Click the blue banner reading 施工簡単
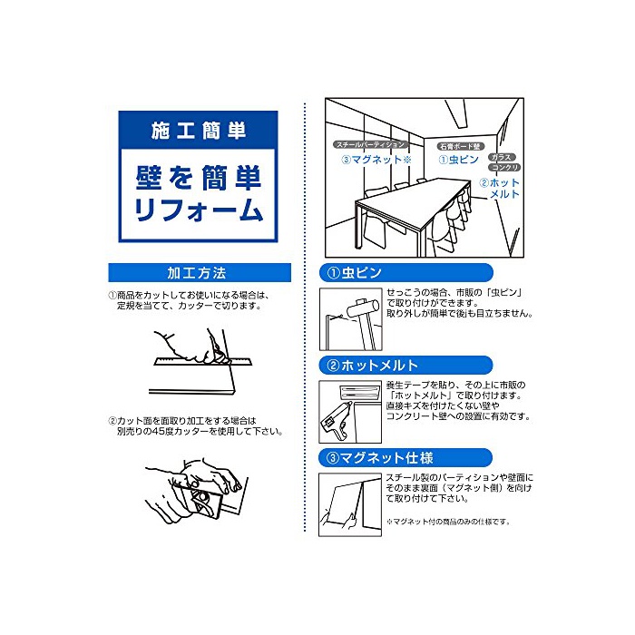[x=198, y=130]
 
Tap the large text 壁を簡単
[x=198, y=178]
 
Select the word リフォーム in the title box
[x=198, y=210]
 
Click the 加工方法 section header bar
[x=200, y=272]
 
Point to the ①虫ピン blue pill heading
[x=405, y=272]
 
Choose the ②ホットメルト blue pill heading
[x=405, y=366]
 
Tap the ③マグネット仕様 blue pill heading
[x=405, y=457]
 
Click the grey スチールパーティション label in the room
[x=370, y=144]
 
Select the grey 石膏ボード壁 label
[x=460, y=146]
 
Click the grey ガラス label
[x=502, y=157]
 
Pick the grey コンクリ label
[x=504, y=167]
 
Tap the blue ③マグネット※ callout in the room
[x=376, y=160]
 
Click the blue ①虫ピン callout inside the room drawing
[x=459, y=160]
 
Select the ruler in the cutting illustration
[x=202, y=361]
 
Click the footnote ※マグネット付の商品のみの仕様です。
[x=448, y=522]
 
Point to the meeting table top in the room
[x=413, y=198]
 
